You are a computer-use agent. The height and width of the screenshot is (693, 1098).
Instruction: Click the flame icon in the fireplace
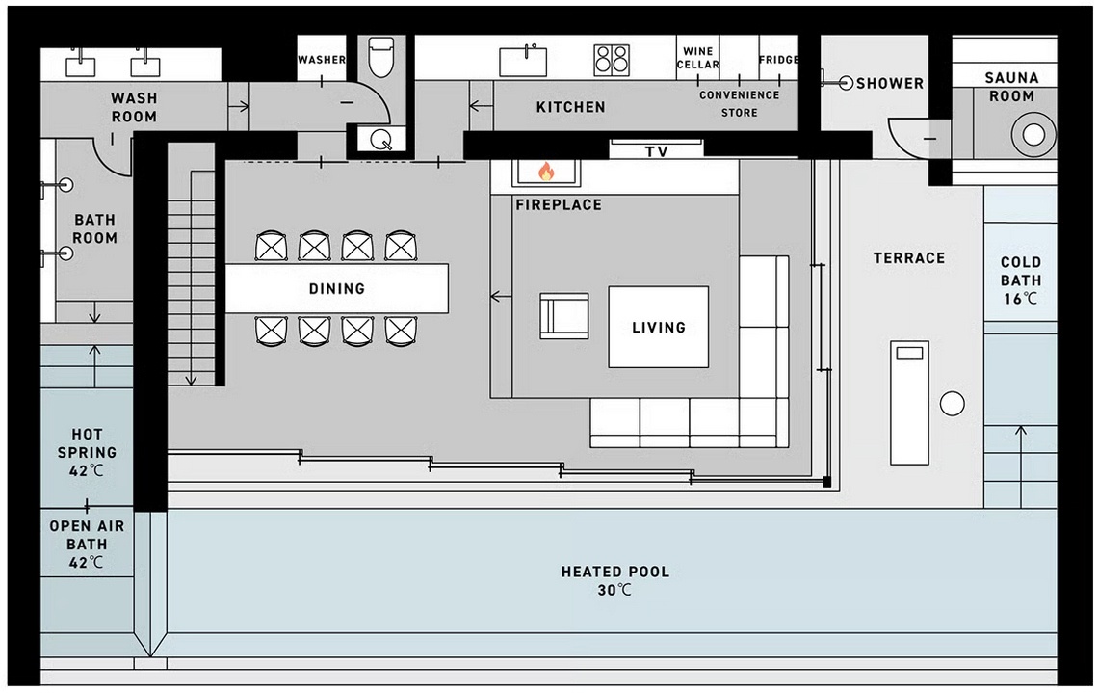[546, 172]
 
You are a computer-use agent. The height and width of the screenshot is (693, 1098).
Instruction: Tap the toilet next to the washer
[382, 57]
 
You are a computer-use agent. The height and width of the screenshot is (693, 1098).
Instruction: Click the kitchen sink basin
[525, 61]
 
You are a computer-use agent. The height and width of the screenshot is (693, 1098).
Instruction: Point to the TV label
[657, 151]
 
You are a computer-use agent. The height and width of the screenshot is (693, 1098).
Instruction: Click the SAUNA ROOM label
[1011, 87]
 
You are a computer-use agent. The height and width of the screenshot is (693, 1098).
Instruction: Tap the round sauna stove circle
[1033, 135]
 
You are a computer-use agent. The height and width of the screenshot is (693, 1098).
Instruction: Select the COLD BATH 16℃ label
[1020, 280]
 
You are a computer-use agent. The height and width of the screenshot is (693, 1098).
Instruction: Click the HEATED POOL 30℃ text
[614, 580]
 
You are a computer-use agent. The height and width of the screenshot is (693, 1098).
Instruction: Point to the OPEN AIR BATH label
[87, 545]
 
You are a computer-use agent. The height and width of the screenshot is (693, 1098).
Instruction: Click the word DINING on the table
[337, 288]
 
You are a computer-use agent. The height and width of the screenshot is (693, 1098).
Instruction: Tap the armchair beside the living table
[563, 315]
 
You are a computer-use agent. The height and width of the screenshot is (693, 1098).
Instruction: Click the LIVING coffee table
[659, 327]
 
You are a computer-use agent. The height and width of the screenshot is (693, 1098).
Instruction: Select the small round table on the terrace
[952, 404]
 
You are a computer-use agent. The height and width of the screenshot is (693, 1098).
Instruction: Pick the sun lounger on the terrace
[909, 401]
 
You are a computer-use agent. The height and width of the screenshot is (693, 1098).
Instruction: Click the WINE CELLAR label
[697, 58]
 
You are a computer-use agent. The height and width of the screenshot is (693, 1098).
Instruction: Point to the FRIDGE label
[778, 60]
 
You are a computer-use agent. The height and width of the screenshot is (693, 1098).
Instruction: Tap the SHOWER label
[890, 84]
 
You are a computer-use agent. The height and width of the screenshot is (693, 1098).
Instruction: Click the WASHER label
[321, 60]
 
